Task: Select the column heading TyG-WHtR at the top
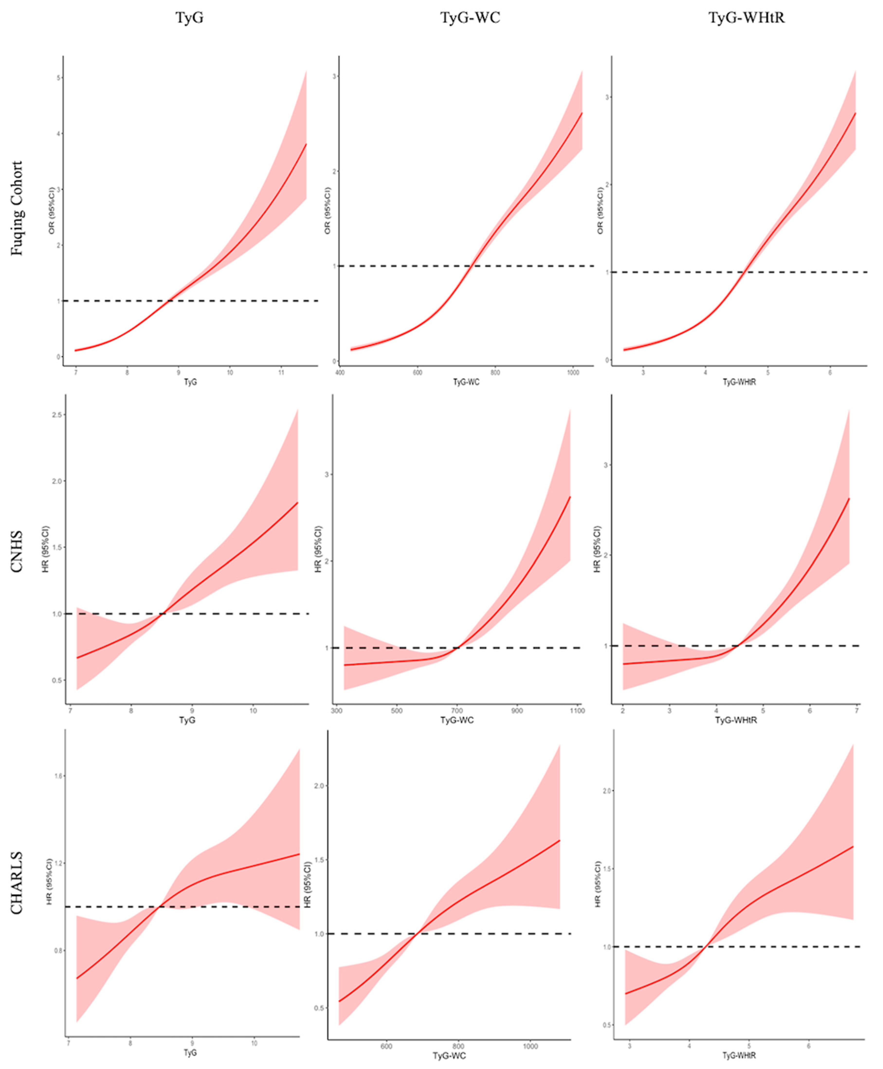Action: tap(746, 18)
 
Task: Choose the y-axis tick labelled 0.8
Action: tap(57, 950)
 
